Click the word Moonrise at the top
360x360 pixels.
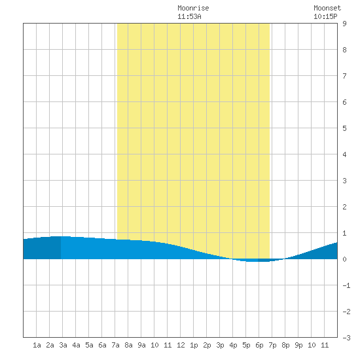pos(193,8)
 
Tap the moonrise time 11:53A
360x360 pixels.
pos(189,16)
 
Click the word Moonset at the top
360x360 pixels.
pos(327,8)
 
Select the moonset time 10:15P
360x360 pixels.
pos(325,16)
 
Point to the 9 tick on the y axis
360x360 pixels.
pos(344,24)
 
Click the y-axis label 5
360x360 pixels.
pos(344,128)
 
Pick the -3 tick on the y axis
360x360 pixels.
pos(346,338)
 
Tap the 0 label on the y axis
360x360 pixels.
pos(344,259)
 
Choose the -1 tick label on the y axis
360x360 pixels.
pos(346,285)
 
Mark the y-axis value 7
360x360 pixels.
pos(344,76)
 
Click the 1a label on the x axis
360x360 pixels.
pos(37,345)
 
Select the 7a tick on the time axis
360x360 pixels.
pos(115,345)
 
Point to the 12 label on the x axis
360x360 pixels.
pos(181,345)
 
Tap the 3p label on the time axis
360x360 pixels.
pos(220,345)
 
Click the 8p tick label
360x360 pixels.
pos(285,345)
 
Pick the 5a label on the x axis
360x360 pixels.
pos(89,345)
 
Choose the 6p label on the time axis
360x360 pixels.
pos(259,345)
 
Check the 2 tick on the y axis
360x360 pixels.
pos(344,207)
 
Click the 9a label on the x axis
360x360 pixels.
pos(141,345)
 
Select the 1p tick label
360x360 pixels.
pos(194,345)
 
